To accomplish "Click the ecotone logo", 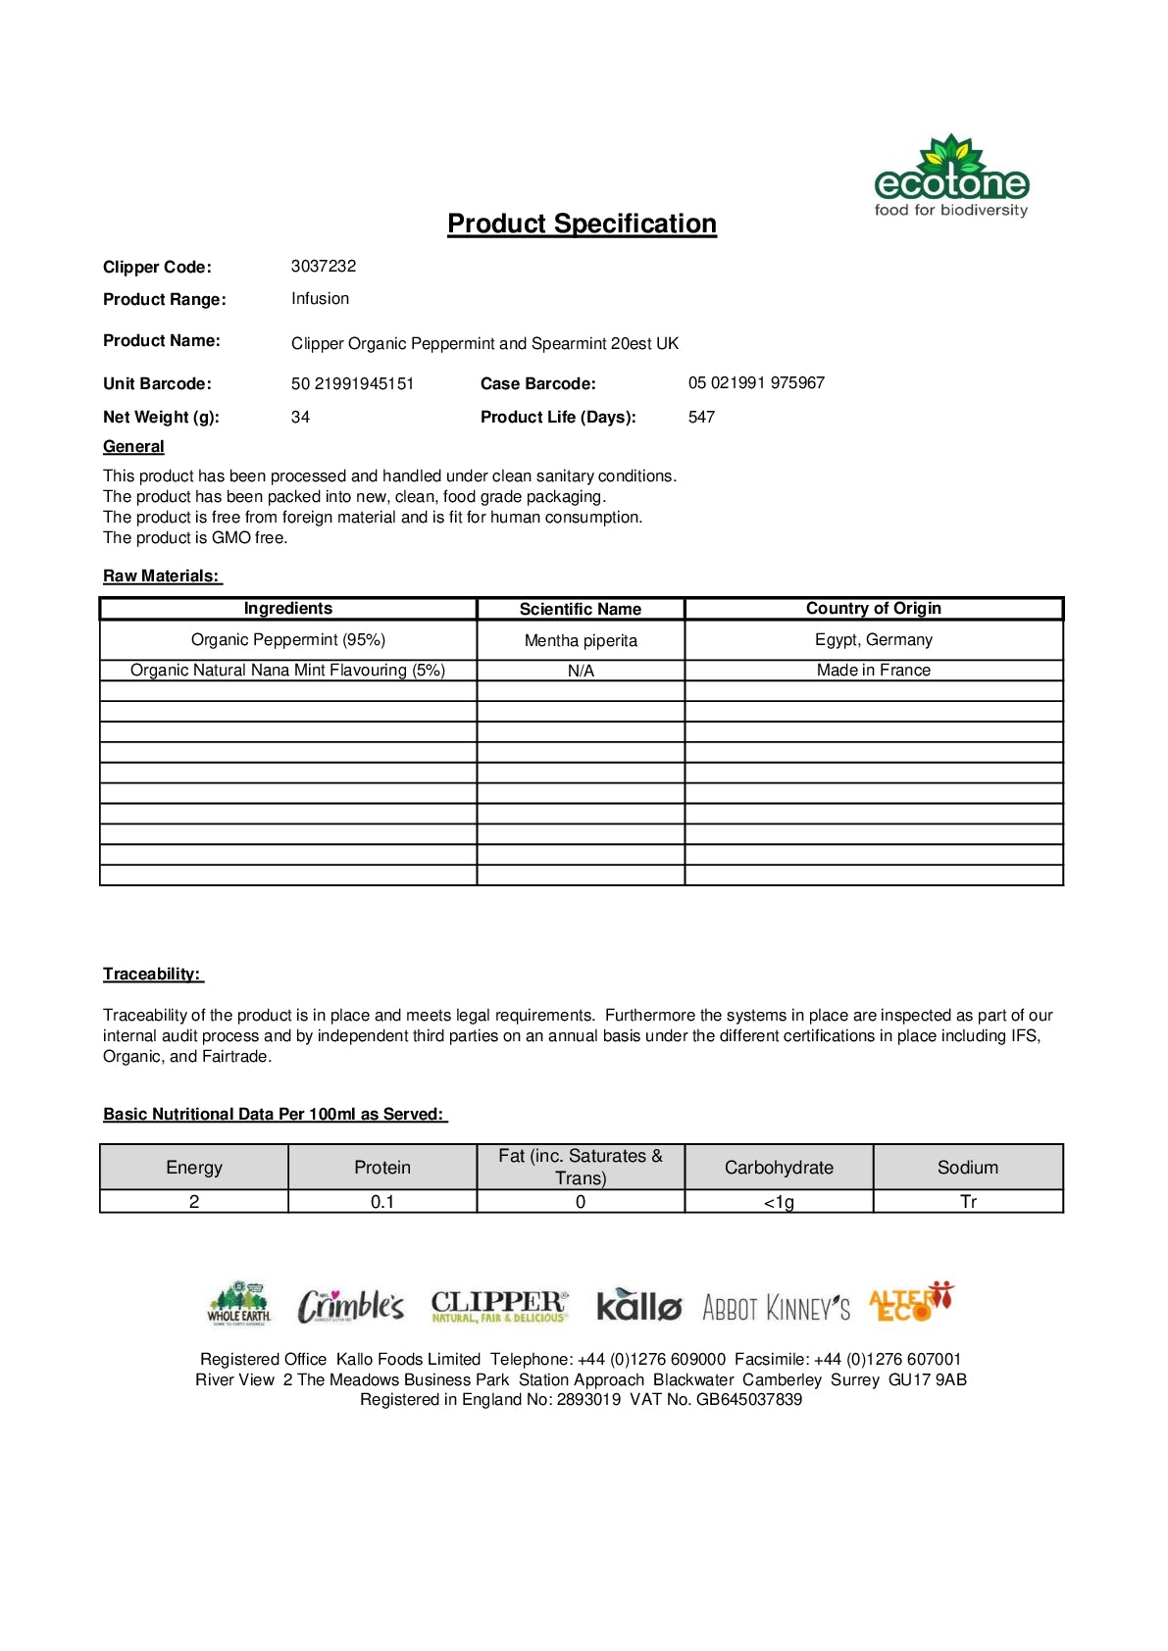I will (x=950, y=177).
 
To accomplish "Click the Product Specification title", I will (x=582, y=224).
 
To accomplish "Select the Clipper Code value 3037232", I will (x=324, y=266).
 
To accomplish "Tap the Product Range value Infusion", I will (x=320, y=298).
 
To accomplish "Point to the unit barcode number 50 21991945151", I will (x=352, y=383).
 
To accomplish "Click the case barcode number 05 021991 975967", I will (x=756, y=382).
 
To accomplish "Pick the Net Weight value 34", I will (x=300, y=417).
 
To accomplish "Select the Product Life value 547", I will (x=701, y=417).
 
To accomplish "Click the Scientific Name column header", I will (x=581, y=609).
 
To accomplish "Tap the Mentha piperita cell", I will (x=581, y=640).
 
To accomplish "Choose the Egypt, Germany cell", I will (x=873, y=639).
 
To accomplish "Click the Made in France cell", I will (x=873, y=670).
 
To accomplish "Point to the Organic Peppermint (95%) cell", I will (x=288, y=639).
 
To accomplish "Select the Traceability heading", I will (x=152, y=974).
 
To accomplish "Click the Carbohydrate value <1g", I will (x=779, y=1202).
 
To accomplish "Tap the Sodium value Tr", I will (x=968, y=1202).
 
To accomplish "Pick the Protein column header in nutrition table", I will (x=382, y=1167).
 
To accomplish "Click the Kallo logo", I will (x=638, y=1305).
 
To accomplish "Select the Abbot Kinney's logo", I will (x=776, y=1307).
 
